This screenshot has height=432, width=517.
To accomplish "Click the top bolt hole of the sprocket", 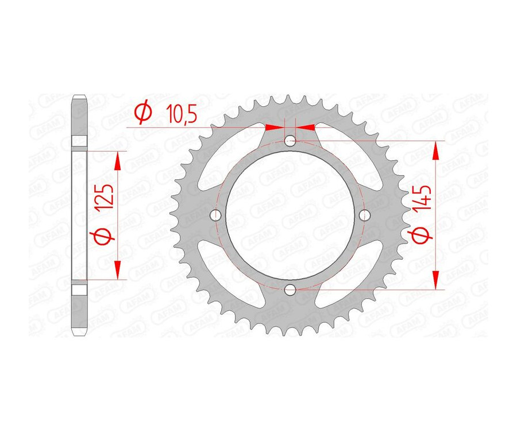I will coord(291,141).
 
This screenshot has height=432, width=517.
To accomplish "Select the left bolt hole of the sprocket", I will coord(217,215).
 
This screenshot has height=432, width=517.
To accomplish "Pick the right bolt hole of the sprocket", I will coord(365,215).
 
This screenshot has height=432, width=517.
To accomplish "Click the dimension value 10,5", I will coord(181,114).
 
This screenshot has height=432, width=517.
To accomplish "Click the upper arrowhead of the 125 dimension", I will coord(118,161).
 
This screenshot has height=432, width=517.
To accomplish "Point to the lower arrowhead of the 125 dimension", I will coord(118,270).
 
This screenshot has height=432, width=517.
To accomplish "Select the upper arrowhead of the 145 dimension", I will coord(438,151).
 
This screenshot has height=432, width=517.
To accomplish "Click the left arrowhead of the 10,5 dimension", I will coord(276,126).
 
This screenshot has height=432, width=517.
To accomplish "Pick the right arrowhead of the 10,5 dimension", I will coord(306,126).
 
